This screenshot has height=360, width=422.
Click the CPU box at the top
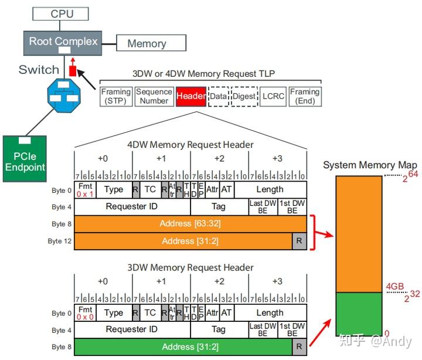62,13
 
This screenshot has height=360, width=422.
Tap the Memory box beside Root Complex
147,43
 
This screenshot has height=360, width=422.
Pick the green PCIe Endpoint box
25,158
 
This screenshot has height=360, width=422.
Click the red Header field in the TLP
190,96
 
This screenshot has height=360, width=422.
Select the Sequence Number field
154,96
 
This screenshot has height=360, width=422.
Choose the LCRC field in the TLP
273,96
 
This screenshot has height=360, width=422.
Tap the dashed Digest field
244,96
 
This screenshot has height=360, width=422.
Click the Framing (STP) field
116,96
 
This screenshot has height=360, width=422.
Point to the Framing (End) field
305,96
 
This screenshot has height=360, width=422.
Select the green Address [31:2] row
183,347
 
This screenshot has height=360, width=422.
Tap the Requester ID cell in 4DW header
132,206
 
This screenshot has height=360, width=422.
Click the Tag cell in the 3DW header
218,330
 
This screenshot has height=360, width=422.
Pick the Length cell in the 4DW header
270,189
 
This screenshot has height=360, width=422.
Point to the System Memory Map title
370,165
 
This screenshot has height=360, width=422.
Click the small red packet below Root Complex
73,70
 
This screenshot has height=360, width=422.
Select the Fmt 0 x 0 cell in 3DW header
85,313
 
